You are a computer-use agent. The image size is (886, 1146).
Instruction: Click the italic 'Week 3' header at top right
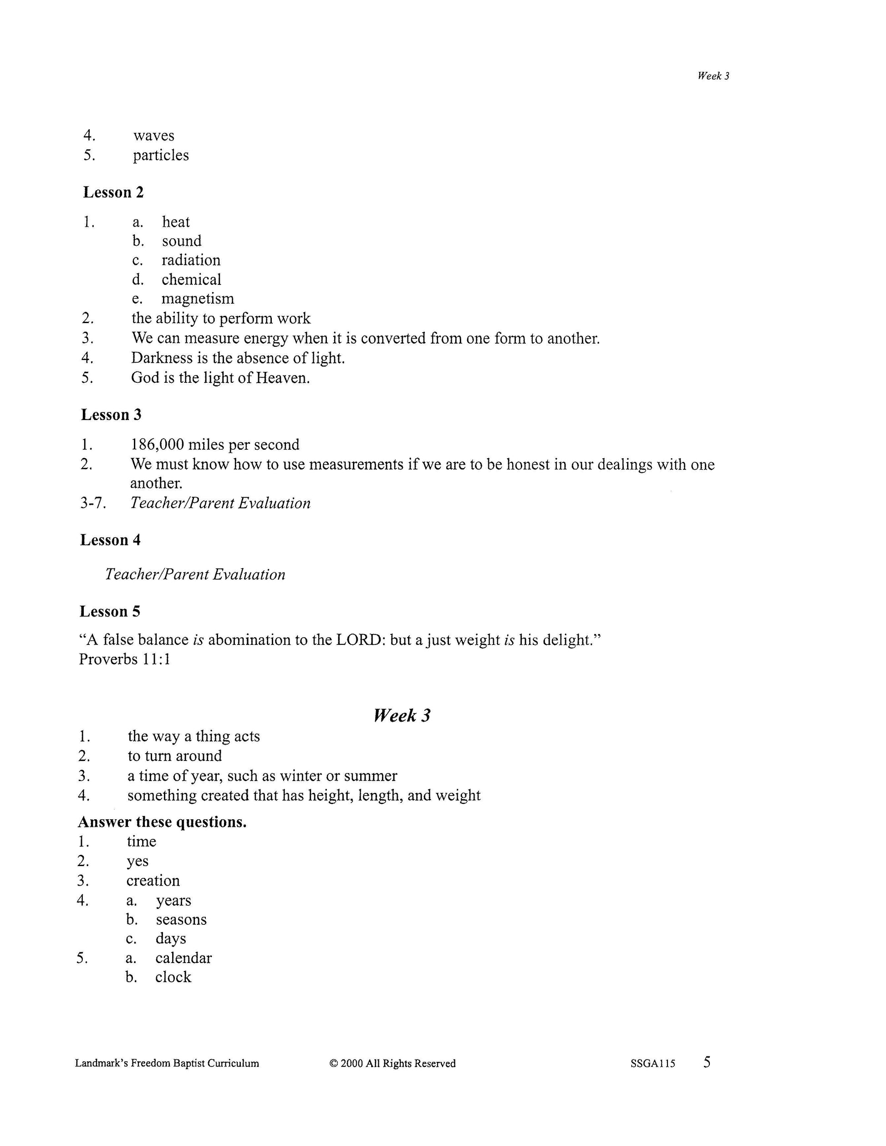(x=713, y=76)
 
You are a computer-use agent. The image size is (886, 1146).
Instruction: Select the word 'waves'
(x=153, y=135)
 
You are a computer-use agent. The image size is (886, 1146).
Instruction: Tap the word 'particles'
(x=161, y=155)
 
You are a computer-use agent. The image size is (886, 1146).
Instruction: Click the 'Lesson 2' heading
(x=113, y=193)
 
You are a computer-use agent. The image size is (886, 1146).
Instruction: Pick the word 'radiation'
(x=190, y=260)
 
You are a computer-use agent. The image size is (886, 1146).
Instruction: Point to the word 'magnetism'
(x=197, y=299)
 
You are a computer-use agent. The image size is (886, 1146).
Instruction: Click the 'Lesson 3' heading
(x=111, y=415)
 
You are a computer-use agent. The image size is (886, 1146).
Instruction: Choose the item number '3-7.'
(x=93, y=503)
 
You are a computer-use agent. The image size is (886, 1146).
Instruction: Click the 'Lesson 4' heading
(x=110, y=540)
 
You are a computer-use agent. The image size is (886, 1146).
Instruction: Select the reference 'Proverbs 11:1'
(x=125, y=659)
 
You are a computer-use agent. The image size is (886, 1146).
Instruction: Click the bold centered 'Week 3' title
(x=402, y=715)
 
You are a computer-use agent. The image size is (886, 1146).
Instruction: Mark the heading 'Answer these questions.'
(x=162, y=821)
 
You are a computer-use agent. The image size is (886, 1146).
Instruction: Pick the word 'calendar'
(x=183, y=958)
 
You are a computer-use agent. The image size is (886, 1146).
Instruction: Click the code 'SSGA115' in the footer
(x=653, y=1064)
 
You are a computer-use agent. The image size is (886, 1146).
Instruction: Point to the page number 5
(x=707, y=1062)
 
